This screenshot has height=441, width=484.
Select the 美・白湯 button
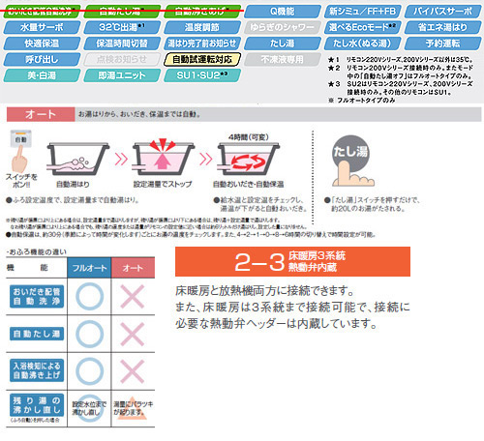tap(40, 75)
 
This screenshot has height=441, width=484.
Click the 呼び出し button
tap(40, 60)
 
